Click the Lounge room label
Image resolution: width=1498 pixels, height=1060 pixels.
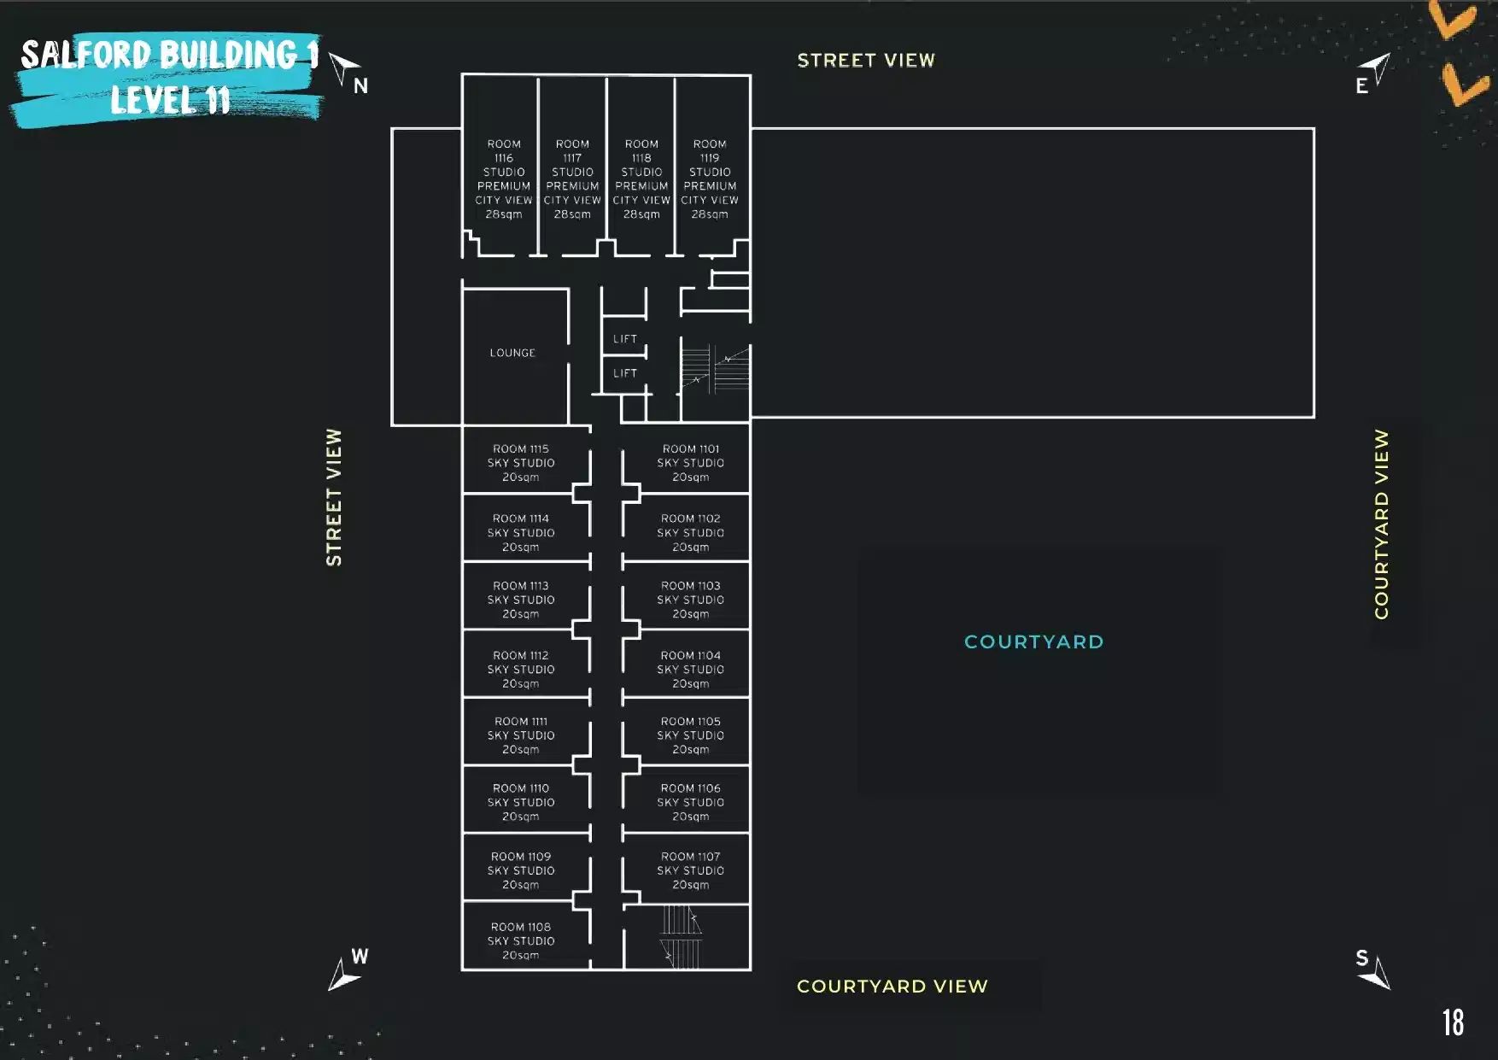coord(512,353)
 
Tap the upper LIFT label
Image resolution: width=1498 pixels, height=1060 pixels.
coord(624,339)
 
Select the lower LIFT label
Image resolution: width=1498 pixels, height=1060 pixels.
coord(624,373)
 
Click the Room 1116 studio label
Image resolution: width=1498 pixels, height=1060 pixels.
coord(504,179)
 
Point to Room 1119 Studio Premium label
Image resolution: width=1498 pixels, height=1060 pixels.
coord(710,179)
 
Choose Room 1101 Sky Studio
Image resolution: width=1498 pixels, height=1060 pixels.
coord(690,463)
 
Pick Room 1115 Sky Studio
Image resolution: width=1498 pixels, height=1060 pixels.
coord(521,463)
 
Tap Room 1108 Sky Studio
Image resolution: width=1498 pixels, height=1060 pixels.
coord(521,940)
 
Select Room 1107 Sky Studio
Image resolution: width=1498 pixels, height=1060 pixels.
coord(690,870)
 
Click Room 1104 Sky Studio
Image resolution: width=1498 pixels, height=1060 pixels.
coord(690,670)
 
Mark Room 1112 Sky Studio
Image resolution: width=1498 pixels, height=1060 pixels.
coord(521,670)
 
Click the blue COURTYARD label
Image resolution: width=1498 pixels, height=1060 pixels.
coord(1033,642)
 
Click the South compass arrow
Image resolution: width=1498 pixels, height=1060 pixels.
coord(1376,975)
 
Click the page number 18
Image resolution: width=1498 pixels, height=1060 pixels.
coord(1453,1022)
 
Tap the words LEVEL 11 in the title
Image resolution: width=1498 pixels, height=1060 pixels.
coord(170,101)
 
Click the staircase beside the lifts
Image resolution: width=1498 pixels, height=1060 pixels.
coord(715,369)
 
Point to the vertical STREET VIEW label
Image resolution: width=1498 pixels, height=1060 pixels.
coord(334,497)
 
